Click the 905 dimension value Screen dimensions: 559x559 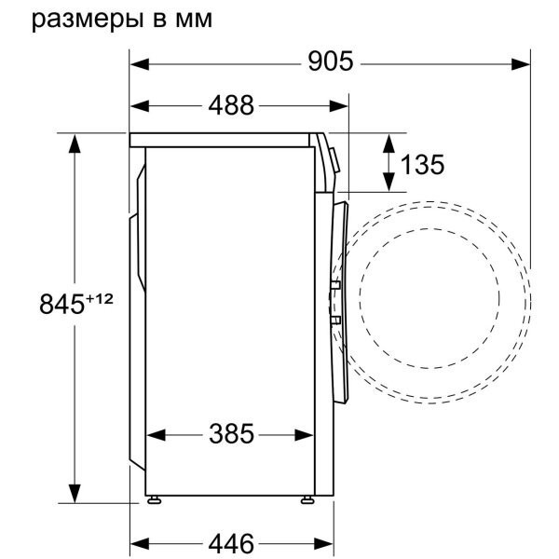tap(331, 61)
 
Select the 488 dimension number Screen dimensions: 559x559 tap(231, 105)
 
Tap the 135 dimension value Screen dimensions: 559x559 tap(422, 165)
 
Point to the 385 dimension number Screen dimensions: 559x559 tap(231, 434)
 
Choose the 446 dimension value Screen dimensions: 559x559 tap(231, 544)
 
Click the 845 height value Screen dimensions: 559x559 tap(62, 305)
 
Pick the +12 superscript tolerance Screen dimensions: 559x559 tap(100, 298)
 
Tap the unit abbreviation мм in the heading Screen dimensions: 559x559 tap(193, 20)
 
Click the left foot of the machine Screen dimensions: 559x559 tap(154, 499)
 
